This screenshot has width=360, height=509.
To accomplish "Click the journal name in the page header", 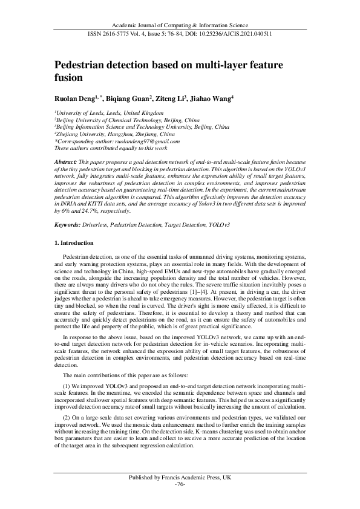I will click(x=180, y=25).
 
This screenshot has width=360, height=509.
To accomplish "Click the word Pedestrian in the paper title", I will click(x=86, y=65).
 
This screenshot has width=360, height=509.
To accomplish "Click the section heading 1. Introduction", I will click(x=74, y=242).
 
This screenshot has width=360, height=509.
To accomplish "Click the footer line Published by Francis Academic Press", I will click(x=180, y=478).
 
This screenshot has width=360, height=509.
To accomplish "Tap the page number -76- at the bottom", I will click(x=180, y=485).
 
